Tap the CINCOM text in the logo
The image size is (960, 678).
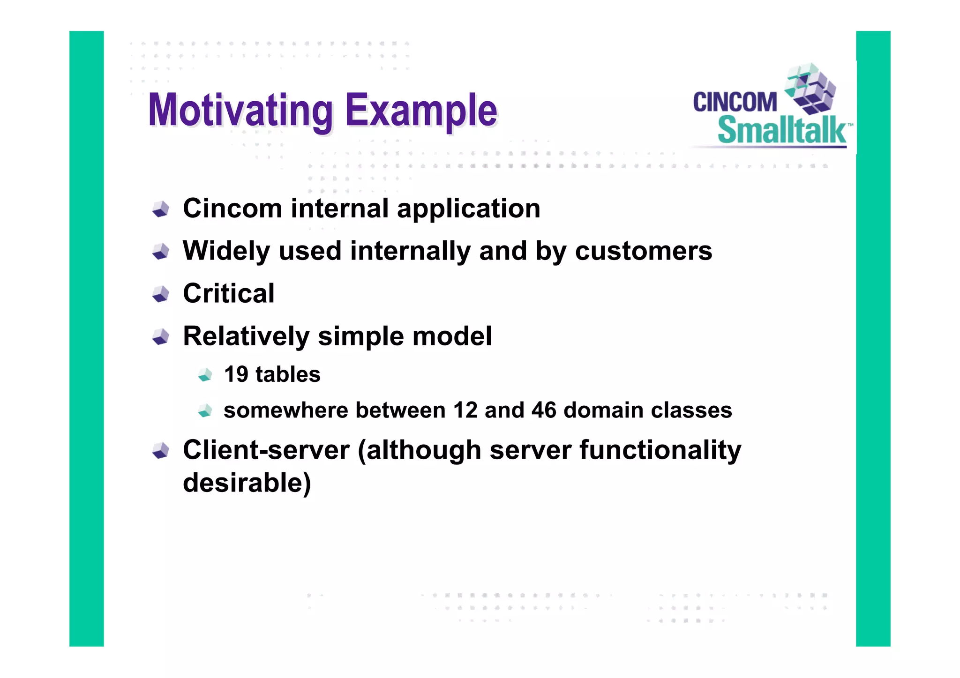click(735, 102)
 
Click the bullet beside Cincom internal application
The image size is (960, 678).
click(161, 209)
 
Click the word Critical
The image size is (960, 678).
click(228, 293)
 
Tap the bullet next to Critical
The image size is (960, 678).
click(161, 294)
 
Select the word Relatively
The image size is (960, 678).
click(246, 336)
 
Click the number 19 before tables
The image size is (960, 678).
click(236, 374)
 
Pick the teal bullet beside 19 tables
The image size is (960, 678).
click(205, 375)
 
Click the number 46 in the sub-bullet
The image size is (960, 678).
click(544, 410)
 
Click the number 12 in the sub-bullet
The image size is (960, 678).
click(465, 410)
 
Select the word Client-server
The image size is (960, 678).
click(266, 450)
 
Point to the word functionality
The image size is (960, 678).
click(660, 450)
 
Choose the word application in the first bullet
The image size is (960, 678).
click(468, 209)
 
